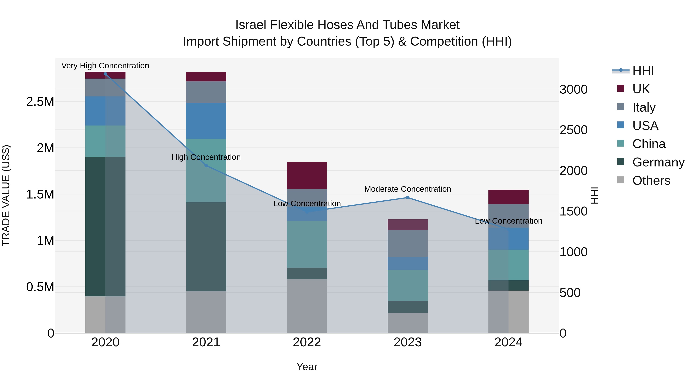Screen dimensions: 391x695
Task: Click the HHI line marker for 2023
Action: (x=408, y=198)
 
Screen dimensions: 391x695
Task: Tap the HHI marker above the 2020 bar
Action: (x=105, y=74)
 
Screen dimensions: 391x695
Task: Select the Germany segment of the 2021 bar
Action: (x=206, y=246)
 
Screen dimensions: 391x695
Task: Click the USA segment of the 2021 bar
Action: (x=206, y=121)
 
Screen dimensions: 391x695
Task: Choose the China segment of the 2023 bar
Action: (x=408, y=285)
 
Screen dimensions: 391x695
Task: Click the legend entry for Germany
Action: (x=658, y=162)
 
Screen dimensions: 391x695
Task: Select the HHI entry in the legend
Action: (x=643, y=71)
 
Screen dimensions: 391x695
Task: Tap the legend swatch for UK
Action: (x=621, y=88)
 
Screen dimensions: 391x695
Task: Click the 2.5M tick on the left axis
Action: (x=40, y=102)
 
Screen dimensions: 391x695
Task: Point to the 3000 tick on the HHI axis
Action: (x=573, y=89)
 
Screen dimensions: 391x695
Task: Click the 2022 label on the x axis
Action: (x=307, y=342)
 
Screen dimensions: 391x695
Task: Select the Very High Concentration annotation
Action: (x=105, y=66)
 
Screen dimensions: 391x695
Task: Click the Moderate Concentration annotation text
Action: (x=408, y=189)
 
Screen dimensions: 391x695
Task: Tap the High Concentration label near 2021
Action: (x=206, y=157)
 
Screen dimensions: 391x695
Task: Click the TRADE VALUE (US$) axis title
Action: (x=6, y=195)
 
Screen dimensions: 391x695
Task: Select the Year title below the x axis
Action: (x=307, y=367)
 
